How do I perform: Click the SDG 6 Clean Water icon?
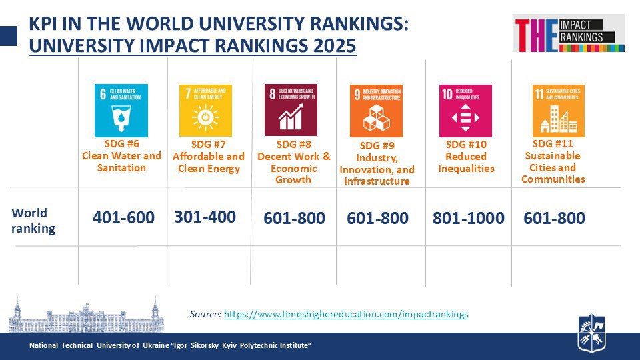click(x=121, y=111)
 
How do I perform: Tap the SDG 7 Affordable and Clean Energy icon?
click(x=205, y=111)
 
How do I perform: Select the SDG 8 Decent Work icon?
click(x=291, y=110)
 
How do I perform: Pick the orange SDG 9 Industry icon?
click(x=376, y=111)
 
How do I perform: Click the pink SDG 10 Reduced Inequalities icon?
click(x=465, y=111)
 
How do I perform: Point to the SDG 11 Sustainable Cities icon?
click(x=558, y=111)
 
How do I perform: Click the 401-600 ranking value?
click(x=123, y=218)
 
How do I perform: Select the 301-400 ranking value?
click(x=205, y=217)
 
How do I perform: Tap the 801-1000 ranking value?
click(x=469, y=218)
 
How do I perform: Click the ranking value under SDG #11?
click(x=554, y=218)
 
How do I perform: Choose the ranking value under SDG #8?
click(x=294, y=218)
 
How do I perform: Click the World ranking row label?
click(x=33, y=221)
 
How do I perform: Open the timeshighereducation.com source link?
click(x=346, y=314)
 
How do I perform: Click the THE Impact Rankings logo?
click(x=569, y=34)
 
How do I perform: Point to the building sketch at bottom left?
click(x=85, y=315)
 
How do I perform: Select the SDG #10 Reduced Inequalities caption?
click(x=466, y=156)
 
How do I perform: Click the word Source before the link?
click(x=205, y=314)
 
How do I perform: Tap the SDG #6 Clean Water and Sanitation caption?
click(x=121, y=155)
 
